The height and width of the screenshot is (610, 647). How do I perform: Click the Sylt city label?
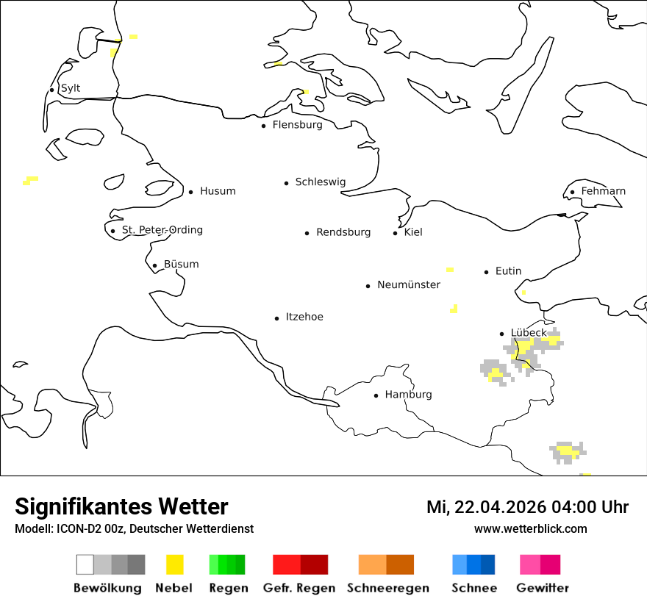click(x=71, y=88)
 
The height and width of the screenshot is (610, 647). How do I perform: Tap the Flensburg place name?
click(x=297, y=125)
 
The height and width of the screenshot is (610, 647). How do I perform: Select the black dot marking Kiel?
click(x=396, y=233)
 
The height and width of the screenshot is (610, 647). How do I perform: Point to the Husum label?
click(x=218, y=191)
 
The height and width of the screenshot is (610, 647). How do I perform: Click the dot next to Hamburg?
click(x=376, y=395)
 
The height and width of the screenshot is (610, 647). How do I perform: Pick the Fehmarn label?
click(x=603, y=191)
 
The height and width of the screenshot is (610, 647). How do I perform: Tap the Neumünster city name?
click(x=409, y=285)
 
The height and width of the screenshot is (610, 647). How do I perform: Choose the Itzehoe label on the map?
click(x=304, y=317)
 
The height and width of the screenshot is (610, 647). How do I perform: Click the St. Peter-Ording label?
click(x=162, y=230)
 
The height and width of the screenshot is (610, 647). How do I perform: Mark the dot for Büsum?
click(x=154, y=265)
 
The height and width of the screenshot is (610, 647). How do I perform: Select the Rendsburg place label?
click(x=343, y=232)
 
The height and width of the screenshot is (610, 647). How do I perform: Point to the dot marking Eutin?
click(x=487, y=272)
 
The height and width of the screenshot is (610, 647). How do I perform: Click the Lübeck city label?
click(x=529, y=333)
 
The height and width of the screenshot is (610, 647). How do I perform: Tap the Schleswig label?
click(x=320, y=182)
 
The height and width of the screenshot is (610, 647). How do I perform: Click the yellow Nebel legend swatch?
click(x=175, y=564)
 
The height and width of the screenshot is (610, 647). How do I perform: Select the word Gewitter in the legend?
click(x=543, y=588)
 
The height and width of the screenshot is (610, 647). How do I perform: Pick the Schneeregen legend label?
click(x=388, y=588)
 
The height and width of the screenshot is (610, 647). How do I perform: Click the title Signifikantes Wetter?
click(x=121, y=506)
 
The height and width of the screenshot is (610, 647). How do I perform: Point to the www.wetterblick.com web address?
click(x=530, y=528)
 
